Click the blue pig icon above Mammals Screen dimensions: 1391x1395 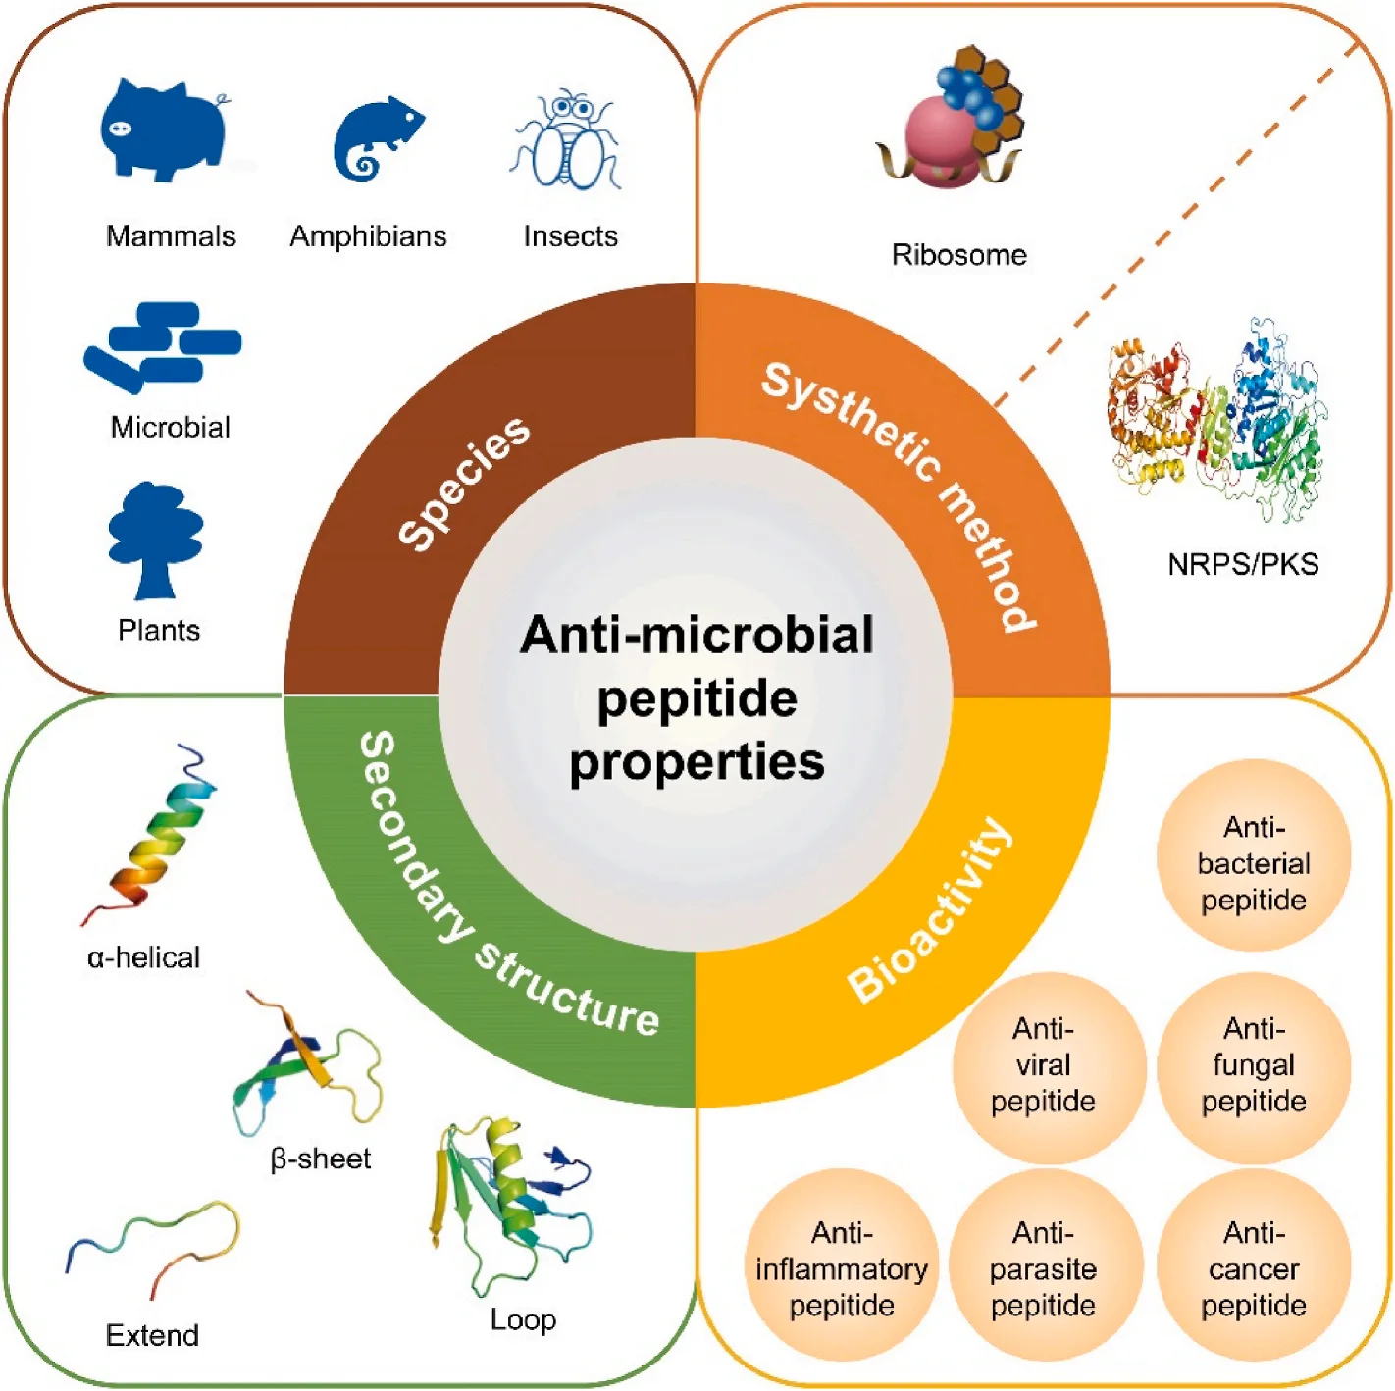point(165,130)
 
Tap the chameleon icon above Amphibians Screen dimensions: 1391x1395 point(375,140)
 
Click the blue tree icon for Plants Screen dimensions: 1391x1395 point(155,541)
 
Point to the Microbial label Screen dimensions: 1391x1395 point(170,427)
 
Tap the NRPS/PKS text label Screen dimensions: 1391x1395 point(1242,564)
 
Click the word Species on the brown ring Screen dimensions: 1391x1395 point(464,482)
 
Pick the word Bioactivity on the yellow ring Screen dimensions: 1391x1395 point(930,910)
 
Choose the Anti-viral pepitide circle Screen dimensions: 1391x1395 point(1044,1065)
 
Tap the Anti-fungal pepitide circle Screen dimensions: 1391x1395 point(1253,1065)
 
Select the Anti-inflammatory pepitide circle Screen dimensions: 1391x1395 point(842,1267)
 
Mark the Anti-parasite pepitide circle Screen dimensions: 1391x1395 point(1044,1267)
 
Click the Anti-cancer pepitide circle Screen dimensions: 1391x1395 point(1253,1267)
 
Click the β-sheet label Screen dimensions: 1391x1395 point(321,1159)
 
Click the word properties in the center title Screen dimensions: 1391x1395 point(697,762)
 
